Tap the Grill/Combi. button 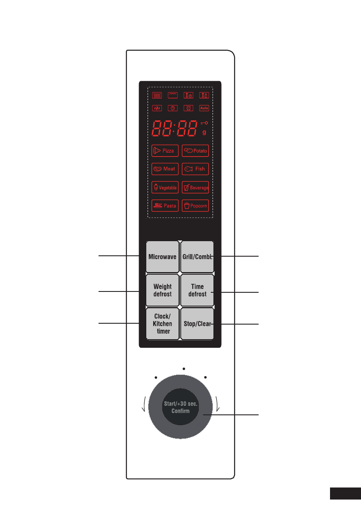click(197, 257)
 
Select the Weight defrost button click(162, 290)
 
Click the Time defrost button click(197, 290)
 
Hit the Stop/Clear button click(197, 324)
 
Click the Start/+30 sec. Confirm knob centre click(181, 408)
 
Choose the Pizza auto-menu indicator click(165, 151)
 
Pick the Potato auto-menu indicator click(195, 151)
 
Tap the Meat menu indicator click(165, 169)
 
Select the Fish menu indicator click(195, 169)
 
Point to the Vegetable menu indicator click(165, 187)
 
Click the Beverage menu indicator click(195, 187)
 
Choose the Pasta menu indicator click(165, 205)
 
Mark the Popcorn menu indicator click(195, 205)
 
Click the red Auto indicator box click(204, 108)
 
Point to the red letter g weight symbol click(204, 132)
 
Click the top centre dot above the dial click(184, 368)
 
